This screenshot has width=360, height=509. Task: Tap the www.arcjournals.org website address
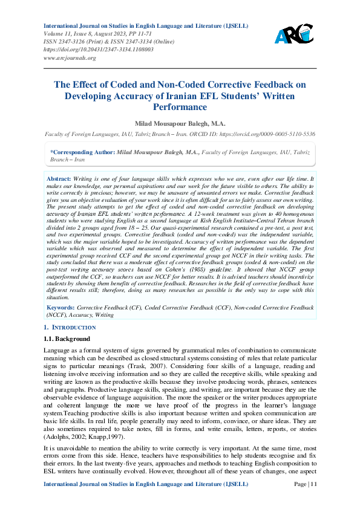pyautogui.click(x=70, y=58)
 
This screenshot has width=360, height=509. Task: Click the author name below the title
pyautogui.click(x=180, y=123)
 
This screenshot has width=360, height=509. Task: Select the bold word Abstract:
pyautogui.click(x=59, y=180)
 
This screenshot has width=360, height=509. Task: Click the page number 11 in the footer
pyautogui.click(x=310, y=501)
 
